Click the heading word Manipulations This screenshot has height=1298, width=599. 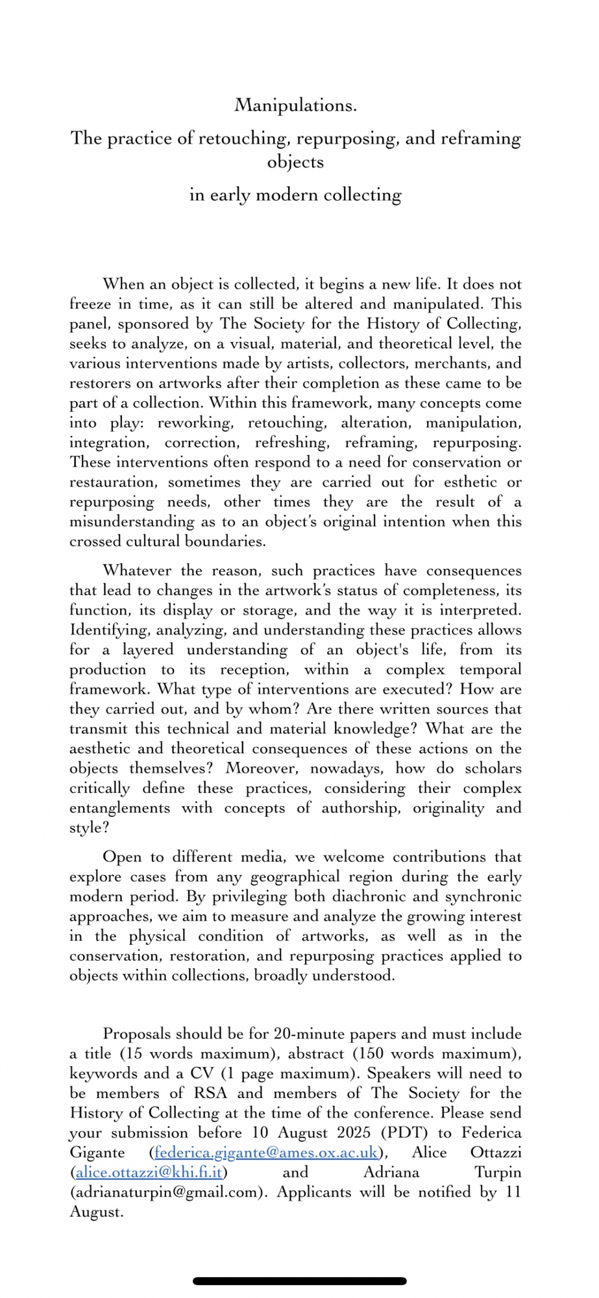(x=295, y=105)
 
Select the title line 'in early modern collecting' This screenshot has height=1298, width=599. (x=295, y=195)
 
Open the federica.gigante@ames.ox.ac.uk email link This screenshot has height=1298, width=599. (x=266, y=1153)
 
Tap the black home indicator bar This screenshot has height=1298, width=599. (x=299, y=1281)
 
